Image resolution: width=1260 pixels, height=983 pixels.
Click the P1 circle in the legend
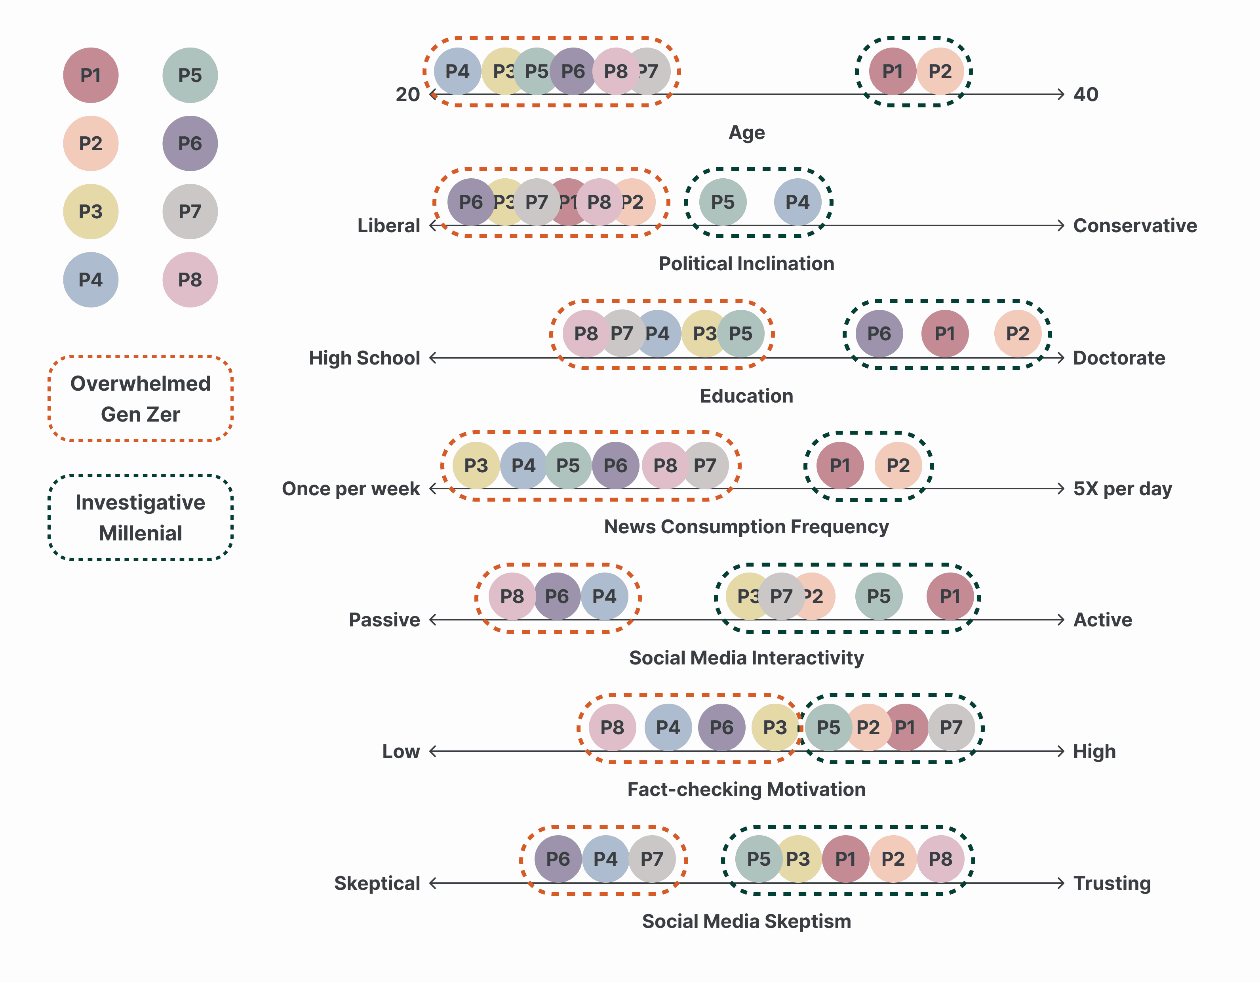[91, 75]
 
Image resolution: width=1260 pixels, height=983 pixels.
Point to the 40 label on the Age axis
[1085, 94]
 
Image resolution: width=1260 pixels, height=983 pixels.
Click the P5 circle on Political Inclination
[722, 202]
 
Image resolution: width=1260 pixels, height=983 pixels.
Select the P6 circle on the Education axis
[879, 334]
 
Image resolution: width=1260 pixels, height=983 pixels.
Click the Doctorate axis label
[1119, 358]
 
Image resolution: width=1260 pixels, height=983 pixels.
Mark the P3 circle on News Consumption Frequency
[476, 465]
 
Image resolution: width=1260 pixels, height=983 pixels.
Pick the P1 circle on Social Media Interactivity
[950, 596]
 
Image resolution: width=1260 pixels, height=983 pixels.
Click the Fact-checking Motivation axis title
[746, 789]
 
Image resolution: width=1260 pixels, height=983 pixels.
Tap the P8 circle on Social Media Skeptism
[940, 859]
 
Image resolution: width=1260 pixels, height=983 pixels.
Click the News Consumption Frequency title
[746, 527]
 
